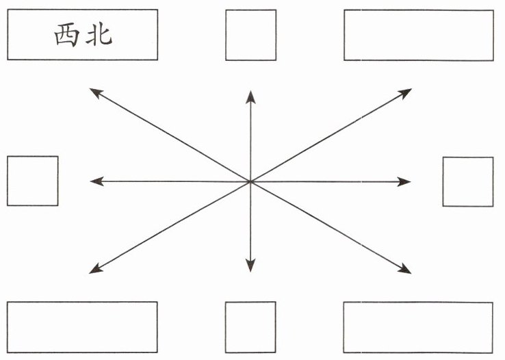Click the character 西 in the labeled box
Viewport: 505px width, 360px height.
(66, 36)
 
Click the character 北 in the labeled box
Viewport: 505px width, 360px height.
(99, 35)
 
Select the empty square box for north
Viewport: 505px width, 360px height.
(251, 35)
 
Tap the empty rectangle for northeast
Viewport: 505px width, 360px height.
(419, 35)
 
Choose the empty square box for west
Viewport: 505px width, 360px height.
(33, 181)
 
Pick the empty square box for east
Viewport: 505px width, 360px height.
(468, 181)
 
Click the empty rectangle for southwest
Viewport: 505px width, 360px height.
(82, 327)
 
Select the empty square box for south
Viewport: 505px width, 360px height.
(250, 327)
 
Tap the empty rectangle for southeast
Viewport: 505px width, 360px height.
(418, 327)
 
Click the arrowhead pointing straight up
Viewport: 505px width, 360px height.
(250, 97)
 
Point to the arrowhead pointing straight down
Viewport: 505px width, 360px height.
(250, 266)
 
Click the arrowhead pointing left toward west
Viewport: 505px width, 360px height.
(96, 181)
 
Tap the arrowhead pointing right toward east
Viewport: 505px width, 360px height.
(404, 181)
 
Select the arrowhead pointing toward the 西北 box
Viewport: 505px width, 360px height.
(96, 92)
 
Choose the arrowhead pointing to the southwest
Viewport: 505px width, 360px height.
(96, 269)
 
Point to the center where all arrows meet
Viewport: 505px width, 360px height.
(250, 181)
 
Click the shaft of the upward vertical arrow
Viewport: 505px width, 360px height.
(250, 142)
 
